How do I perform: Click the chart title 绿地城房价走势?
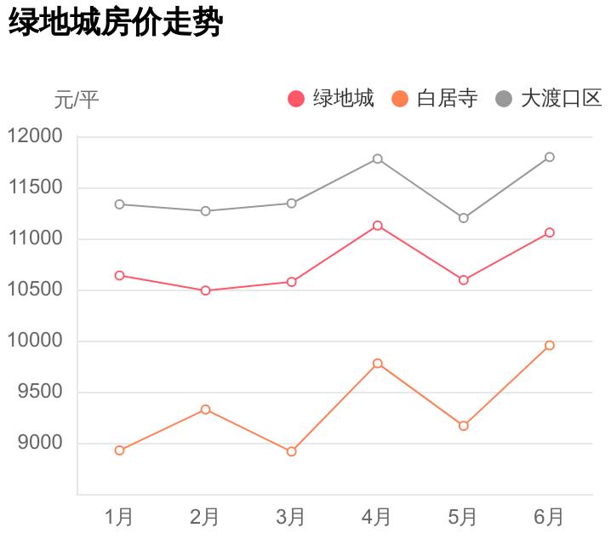115,23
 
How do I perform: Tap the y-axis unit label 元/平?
77,100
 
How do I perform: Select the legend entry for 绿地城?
332,99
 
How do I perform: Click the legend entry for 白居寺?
436,99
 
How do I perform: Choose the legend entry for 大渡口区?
549,99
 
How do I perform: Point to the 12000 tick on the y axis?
35,136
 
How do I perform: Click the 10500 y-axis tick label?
35,290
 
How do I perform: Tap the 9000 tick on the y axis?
40,443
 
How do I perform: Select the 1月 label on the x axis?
119,516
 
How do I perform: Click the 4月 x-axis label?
377,516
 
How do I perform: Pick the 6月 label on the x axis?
549,516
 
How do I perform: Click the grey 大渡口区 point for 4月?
377,158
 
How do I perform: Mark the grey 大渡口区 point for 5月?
463,218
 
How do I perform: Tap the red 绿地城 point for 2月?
205,290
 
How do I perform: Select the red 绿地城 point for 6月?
549,232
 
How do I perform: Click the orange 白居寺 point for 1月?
119,450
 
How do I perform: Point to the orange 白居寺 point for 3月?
291,451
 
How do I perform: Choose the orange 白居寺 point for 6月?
549,345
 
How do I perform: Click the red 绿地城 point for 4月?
377,226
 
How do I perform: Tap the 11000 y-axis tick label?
35,238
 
